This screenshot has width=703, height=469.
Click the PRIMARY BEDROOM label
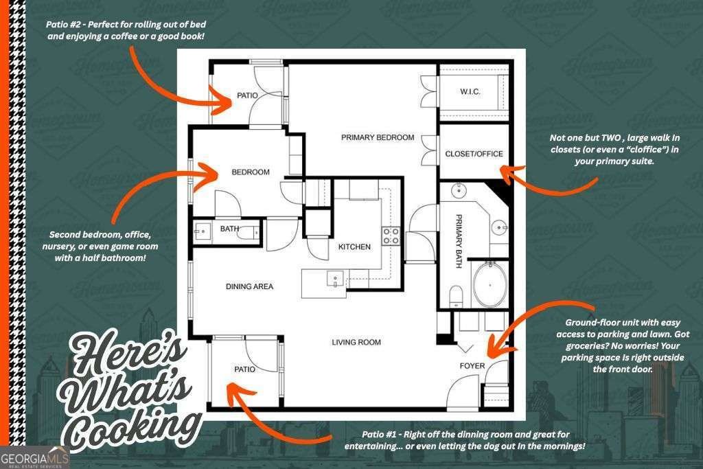378,137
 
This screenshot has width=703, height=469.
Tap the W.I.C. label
470,91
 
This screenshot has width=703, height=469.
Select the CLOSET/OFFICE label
474,154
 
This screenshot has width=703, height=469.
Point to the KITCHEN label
354,247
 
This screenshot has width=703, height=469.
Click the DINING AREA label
249,286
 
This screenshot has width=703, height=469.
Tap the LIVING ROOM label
356,342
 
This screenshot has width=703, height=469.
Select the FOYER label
472,366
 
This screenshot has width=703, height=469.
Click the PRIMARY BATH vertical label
459,241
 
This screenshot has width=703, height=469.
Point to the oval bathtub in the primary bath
490,284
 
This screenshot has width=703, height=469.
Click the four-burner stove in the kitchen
391,236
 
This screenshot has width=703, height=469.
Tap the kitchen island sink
335,278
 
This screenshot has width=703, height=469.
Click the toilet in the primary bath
456,296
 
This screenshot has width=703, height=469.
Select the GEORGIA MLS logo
35,458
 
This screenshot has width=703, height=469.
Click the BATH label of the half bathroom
229,229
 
